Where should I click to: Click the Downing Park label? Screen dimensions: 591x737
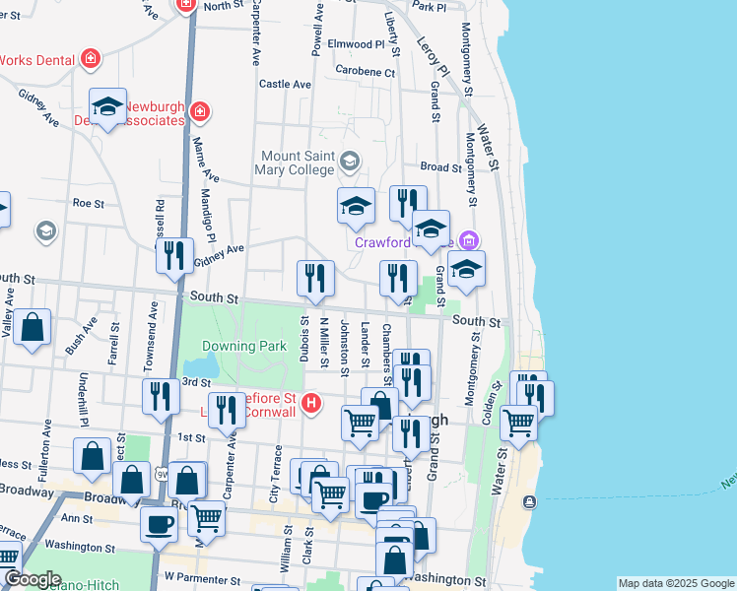[243, 346]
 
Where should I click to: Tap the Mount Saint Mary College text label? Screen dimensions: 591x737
[298, 164]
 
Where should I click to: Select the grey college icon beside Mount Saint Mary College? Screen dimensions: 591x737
[349, 160]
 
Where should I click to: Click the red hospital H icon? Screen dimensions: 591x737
[311, 403]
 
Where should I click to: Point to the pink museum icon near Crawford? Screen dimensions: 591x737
[470, 240]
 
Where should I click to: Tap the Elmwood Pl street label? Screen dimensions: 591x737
[356, 44]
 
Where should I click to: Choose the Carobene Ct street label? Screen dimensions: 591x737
[365, 71]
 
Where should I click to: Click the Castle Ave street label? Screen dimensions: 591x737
[285, 85]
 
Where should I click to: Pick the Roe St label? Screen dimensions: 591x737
[88, 203]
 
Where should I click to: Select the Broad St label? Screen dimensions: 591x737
[441, 167]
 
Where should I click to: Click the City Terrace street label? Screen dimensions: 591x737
[276, 482]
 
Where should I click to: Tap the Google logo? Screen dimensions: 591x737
[33, 580]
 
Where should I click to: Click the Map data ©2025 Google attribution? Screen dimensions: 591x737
[675, 583]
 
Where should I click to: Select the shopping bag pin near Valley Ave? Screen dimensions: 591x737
[32, 327]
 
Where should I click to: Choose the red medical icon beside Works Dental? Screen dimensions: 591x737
[91, 59]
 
